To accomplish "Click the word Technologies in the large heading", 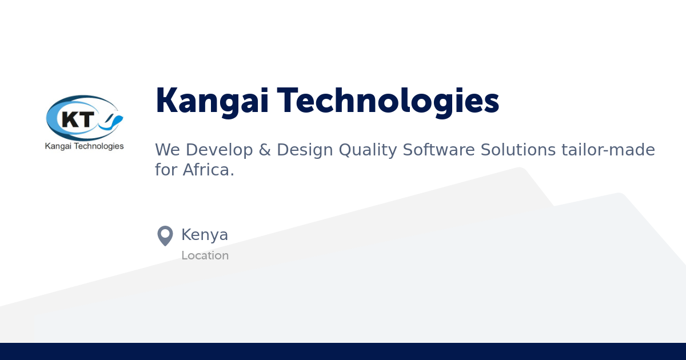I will tap(389, 101).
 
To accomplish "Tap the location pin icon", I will tap(165, 235).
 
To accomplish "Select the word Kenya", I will tap(205, 235).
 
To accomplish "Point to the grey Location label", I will tap(205, 255).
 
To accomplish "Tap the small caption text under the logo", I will tap(84, 146).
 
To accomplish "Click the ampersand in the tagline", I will tap(264, 150).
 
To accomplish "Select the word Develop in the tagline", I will tap(220, 150).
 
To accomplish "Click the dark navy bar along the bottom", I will tap(343, 351).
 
